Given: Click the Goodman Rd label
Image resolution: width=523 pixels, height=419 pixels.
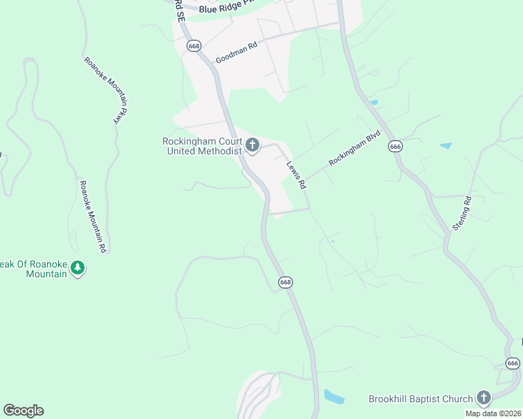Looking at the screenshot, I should click(x=236, y=52).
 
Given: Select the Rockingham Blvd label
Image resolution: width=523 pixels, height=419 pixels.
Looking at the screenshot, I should click(x=354, y=148).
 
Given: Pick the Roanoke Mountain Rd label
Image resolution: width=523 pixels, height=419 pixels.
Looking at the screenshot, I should click(x=92, y=216).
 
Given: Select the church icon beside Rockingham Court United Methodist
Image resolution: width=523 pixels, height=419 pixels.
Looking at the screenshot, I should click(x=252, y=146).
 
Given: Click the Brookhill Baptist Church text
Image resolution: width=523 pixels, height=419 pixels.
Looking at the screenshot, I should click(x=421, y=399).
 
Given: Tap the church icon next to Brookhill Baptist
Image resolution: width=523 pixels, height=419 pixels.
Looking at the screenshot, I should click(x=483, y=399).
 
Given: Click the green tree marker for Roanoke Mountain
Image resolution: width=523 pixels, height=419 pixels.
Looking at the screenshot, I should click(x=78, y=269).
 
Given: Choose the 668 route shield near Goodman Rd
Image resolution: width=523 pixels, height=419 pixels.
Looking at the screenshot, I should click(x=194, y=45).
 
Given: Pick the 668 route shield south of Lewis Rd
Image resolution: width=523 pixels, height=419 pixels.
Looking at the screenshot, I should click(x=285, y=282).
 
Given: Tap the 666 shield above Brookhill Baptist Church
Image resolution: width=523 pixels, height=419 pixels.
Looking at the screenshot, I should click(x=513, y=363).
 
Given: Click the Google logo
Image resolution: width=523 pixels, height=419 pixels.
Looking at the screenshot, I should click(x=23, y=411).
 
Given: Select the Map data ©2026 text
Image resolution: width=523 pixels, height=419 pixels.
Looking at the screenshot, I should click(x=493, y=413).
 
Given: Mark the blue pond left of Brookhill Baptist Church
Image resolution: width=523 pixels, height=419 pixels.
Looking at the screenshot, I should click(x=334, y=397).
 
